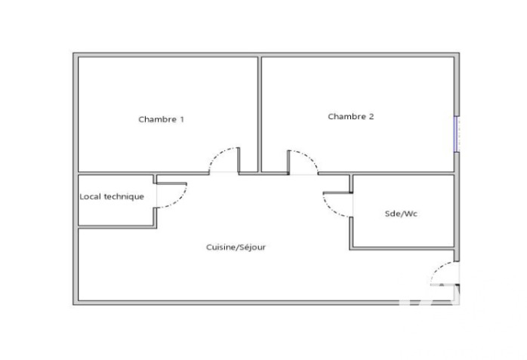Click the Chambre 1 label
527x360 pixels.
pos(161,119)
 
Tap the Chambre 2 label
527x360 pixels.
pos(350,116)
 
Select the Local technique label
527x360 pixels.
pos(112,196)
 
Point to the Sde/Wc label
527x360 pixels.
pos(401,214)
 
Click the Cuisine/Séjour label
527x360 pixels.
pos(236,247)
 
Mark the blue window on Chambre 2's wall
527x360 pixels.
pos(456,134)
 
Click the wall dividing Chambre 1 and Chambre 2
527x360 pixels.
pos(260,113)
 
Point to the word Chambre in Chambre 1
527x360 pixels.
pos(156,119)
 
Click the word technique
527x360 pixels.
pos(124,196)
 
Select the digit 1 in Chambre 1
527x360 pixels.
pos(181,119)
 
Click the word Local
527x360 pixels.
pos(91,196)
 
